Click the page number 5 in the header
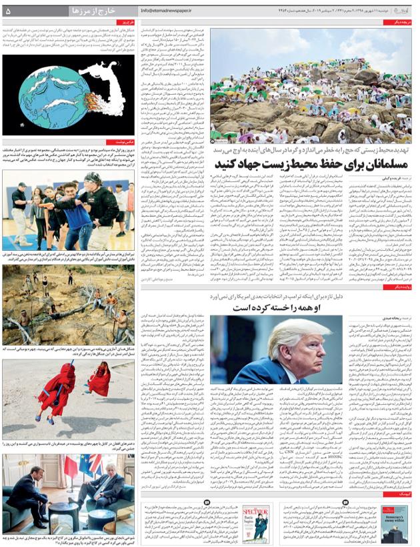click(x=8, y=11)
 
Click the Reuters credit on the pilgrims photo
click(x=219, y=141)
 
